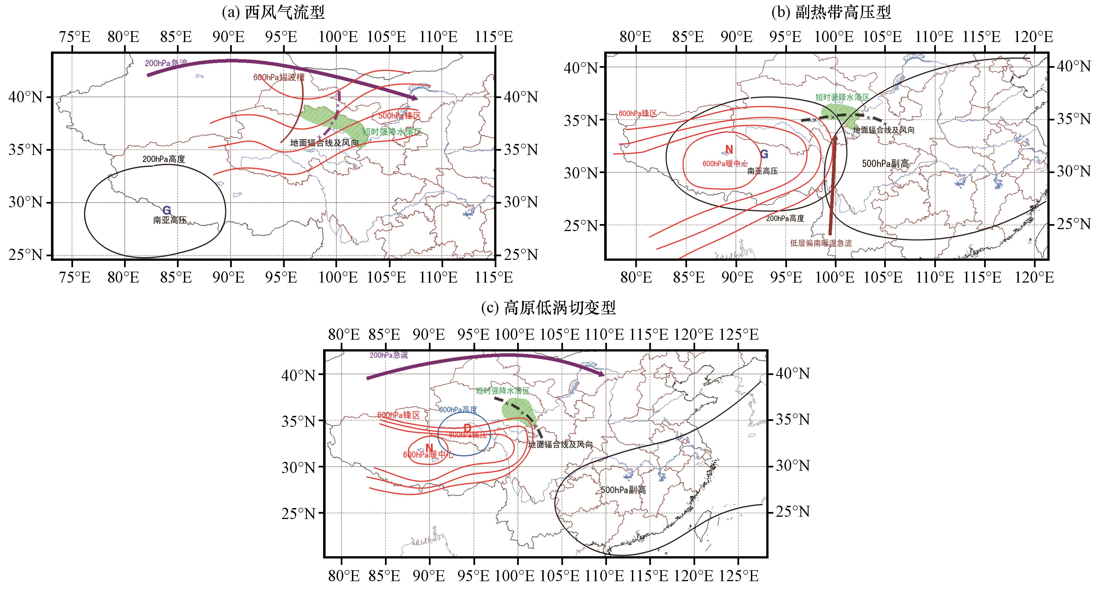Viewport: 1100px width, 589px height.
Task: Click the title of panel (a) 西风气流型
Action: pyautogui.click(x=273, y=13)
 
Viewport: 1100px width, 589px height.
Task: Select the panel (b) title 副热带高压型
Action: pyautogui.click(x=832, y=13)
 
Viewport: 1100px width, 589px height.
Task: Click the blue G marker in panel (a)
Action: pyautogui.click(x=167, y=210)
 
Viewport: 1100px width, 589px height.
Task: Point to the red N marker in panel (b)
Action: pyautogui.click(x=729, y=150)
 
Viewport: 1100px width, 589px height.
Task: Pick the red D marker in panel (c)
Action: pyautogui.click(x=467, y=428)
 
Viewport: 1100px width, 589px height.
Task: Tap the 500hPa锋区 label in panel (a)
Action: pyautogui.click(x=399, y=116)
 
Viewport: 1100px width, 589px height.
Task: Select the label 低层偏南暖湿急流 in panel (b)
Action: pyautogui.click(x=821, y=243)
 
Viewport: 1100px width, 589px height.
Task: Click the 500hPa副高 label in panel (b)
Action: pyautogui.click(x=885, y=164)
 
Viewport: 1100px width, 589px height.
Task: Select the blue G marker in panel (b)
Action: pyautogui.click(x=764, y=155)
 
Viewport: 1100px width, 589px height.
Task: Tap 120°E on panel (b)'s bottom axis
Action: pyautogui.click(x=1036, y=278)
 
